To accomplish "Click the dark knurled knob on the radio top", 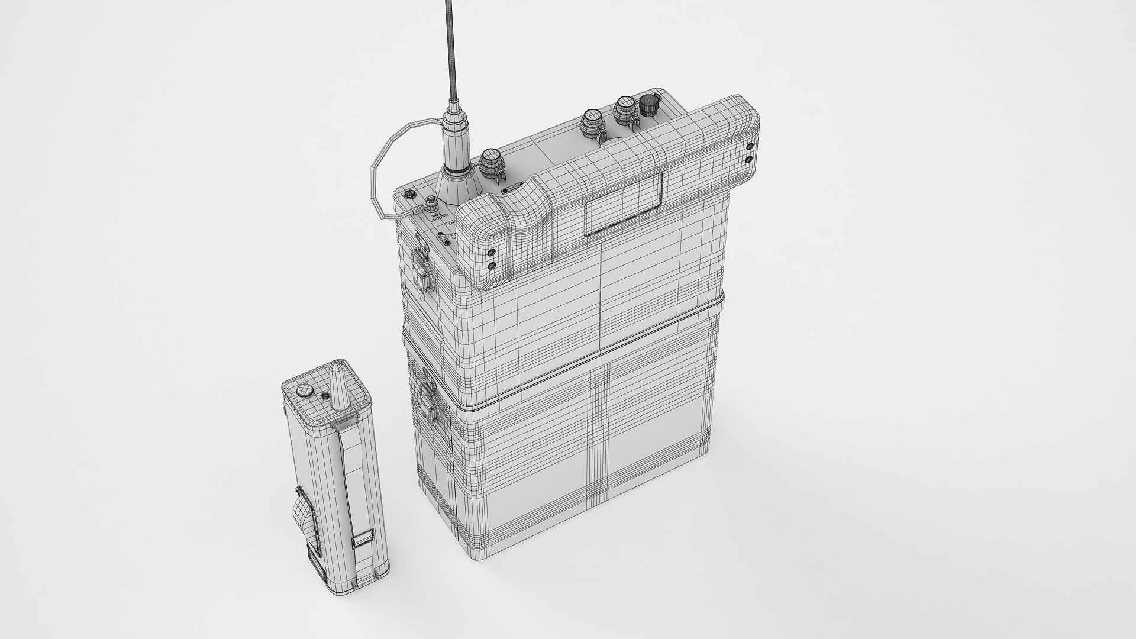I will tap(650, 106).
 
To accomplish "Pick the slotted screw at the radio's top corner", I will tap(407, 193).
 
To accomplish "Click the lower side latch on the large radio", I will tap(427, 400).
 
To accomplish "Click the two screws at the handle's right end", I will tap(750, 152).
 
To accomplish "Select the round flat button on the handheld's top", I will tap(304, 390).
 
